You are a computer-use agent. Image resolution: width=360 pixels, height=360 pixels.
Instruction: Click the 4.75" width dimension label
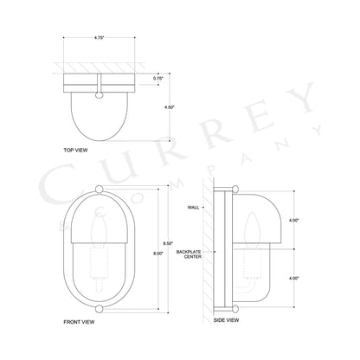point(100,38)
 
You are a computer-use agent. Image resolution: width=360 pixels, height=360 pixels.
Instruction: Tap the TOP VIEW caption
point(76,149)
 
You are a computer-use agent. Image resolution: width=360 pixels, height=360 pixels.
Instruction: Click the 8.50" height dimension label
point(169,243)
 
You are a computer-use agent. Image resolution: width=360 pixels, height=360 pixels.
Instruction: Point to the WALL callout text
point(194,208)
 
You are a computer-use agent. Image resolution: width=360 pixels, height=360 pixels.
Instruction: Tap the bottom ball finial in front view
point(100,307)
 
